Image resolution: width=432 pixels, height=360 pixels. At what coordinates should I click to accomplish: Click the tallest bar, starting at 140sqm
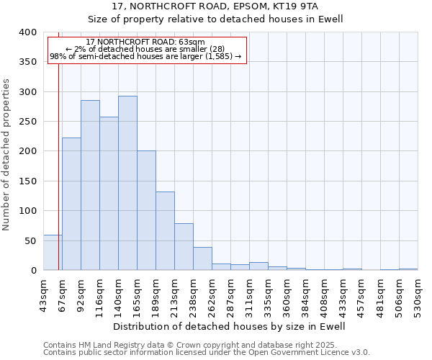point(127,184)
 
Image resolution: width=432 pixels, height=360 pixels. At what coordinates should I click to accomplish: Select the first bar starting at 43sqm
point(53,253)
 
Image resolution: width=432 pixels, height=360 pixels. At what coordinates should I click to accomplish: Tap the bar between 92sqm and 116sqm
point(90,186)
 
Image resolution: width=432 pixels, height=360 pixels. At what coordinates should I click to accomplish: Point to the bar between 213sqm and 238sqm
point(184,247)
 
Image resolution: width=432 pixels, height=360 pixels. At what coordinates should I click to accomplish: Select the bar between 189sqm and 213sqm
point(165,231)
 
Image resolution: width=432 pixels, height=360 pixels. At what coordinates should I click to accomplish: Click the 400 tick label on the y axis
point(27,32)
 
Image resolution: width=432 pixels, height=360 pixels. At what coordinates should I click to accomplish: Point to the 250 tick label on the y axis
point(27,122)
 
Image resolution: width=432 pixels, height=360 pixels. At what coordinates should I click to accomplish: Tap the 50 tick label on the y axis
point(30,240)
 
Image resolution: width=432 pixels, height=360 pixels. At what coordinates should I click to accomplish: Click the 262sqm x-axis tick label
point(212,296)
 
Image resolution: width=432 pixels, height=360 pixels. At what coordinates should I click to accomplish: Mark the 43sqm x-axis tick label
point(43,296)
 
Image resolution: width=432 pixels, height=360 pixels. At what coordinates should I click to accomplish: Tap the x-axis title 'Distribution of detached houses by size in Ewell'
point(230,326)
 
